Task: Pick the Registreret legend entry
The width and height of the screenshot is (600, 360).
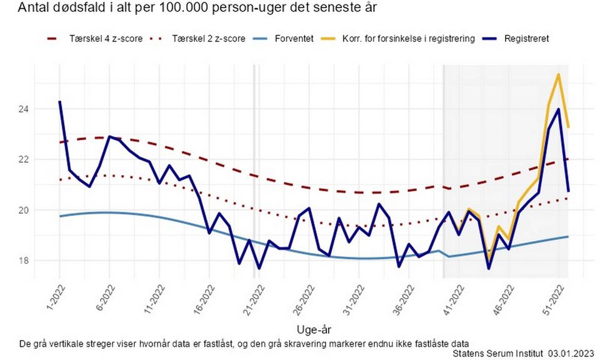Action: click(x=527, y=39)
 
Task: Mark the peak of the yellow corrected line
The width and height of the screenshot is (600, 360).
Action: click(x=558, y=74)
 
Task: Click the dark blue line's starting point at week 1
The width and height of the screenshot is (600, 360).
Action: click(x=59, y=101)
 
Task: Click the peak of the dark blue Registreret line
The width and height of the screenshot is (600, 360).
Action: click(x=558, y=109)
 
